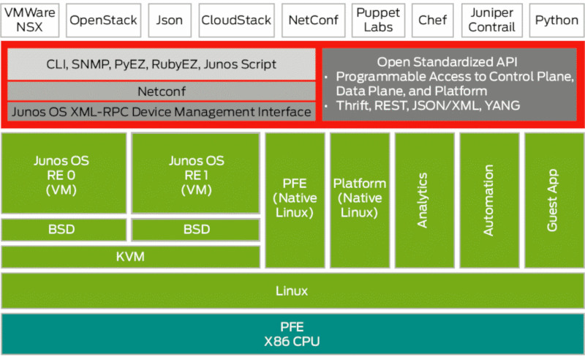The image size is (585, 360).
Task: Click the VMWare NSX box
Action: (29, 20)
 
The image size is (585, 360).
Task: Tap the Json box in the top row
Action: (170, 20)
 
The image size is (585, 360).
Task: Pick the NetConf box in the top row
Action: (312, 20)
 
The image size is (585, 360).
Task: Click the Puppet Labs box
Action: (377, 20)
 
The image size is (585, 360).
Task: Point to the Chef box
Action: (432, 20)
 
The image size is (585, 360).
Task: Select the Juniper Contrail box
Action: (491, 20)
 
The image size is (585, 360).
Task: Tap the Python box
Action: (556, 20)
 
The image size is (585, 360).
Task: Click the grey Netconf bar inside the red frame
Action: (162, 91)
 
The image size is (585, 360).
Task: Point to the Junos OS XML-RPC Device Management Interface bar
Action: (162, 111)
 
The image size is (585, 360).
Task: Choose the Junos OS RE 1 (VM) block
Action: (195, 173)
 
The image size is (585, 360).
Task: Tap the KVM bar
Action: (130, 257)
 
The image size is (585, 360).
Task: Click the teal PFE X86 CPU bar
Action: (292, 334)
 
